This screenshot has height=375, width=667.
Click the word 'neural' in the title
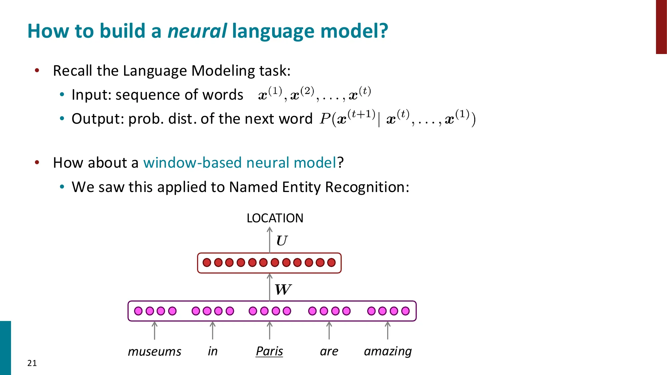[x=197, y=31]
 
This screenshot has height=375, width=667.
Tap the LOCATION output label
[x=275, y=218]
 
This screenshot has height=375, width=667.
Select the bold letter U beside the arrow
[x=282, y=241]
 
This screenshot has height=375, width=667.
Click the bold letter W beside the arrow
[x=283, y=289]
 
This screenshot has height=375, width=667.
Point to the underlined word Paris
[x=269, y=351]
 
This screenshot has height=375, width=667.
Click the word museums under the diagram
[x=154, y=351]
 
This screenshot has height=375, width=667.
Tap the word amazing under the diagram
[x=388, y=351]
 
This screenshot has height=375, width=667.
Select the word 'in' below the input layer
[x=212, y=351]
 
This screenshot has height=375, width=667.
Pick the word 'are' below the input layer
[x=329, y=351]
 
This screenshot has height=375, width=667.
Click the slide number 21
[x=32, y=363]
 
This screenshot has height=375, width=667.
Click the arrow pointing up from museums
[x=154, y=330]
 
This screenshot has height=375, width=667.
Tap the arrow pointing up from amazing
[x=388, y=330]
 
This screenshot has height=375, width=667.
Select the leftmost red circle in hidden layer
[x=207, y=263]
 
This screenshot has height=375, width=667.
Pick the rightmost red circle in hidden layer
[x=331, y=263]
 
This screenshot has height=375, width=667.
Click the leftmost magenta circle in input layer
[x=138, y=311]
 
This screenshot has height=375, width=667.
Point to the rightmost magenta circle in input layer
[x=405, y=311]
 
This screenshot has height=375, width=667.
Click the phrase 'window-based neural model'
[x=239, y=163]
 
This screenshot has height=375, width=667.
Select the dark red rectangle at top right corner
[x=661, y=27]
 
